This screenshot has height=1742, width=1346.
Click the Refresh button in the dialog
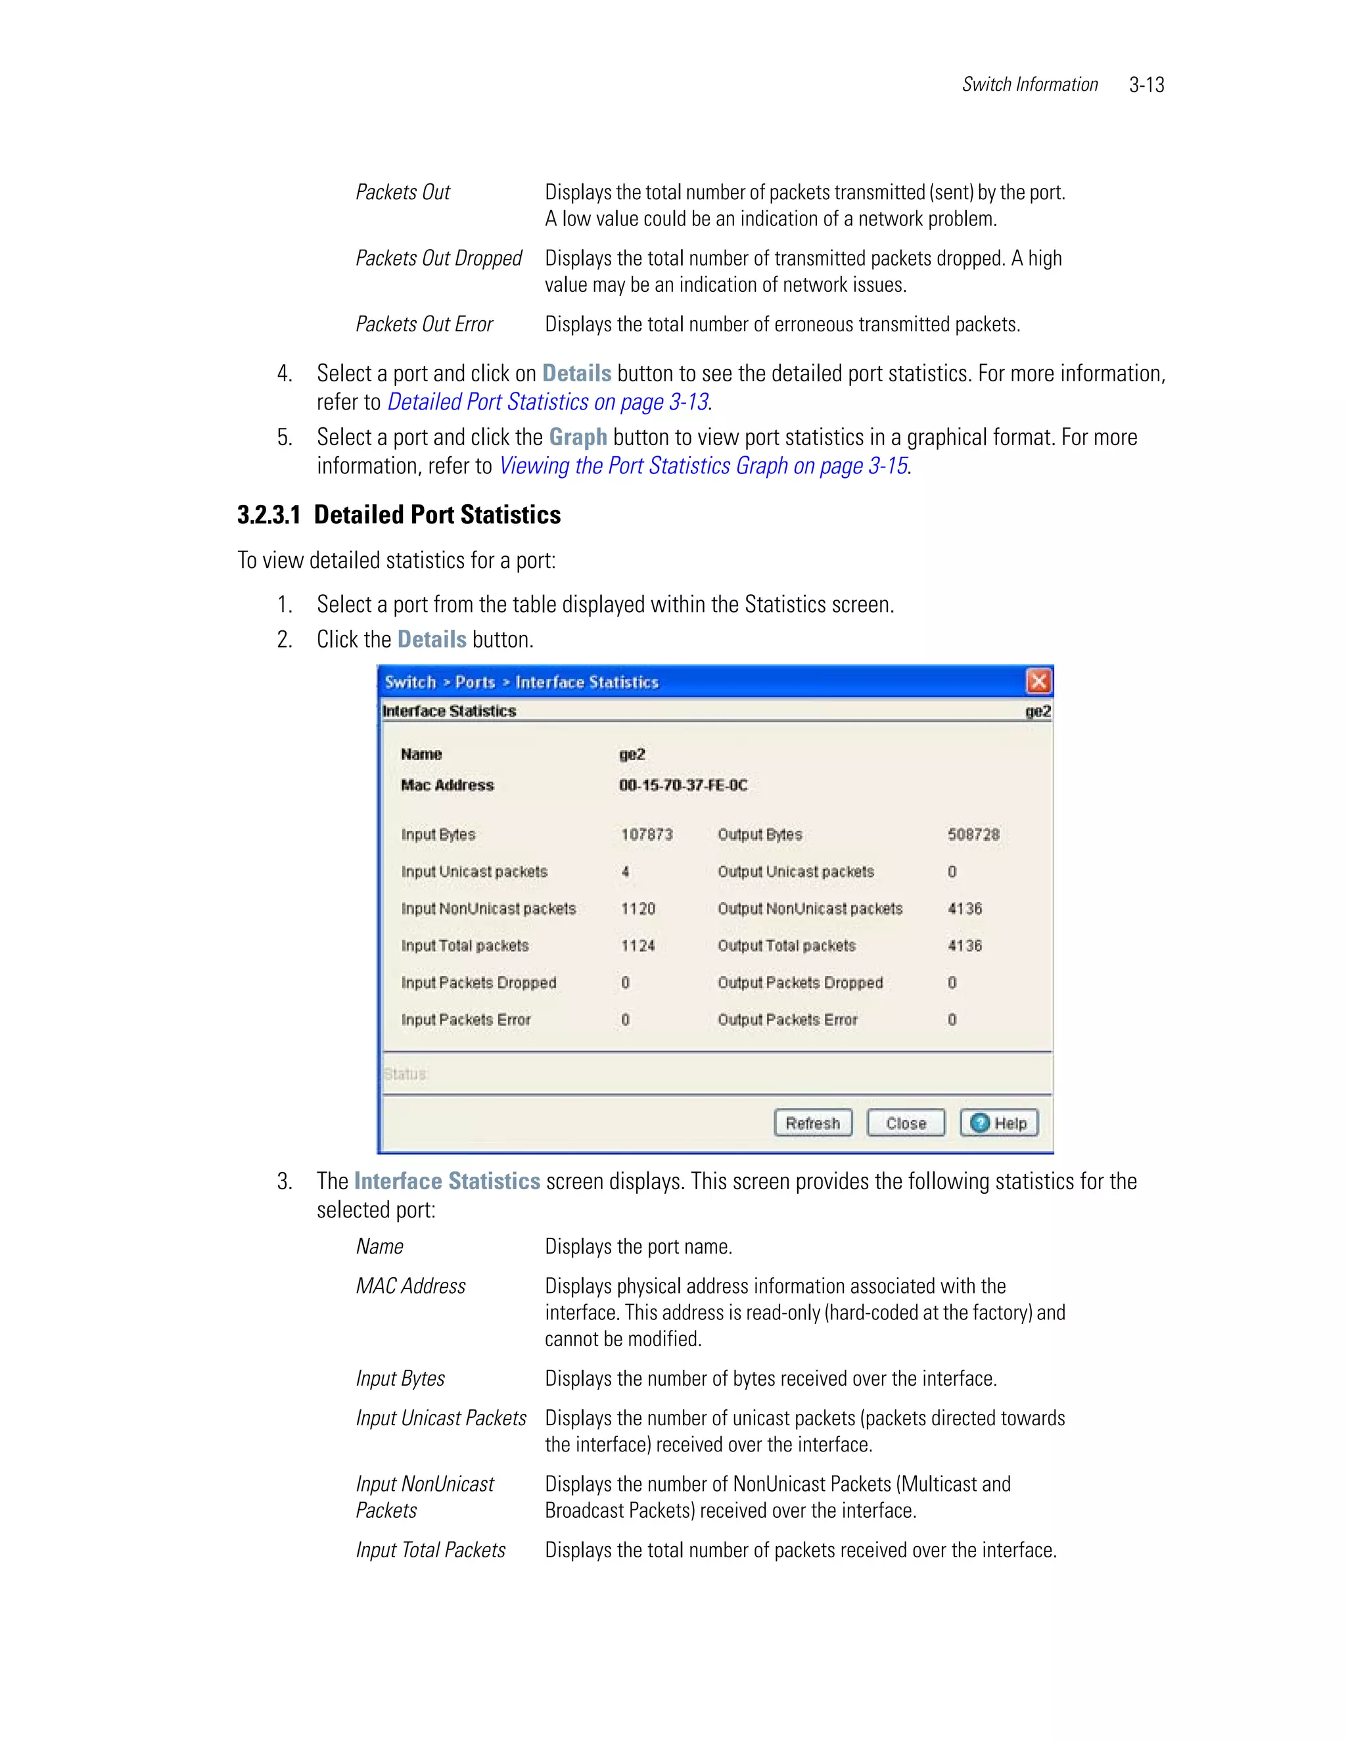click(x=812, y=1123)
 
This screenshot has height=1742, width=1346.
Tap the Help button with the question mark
click(x=999, y=1123)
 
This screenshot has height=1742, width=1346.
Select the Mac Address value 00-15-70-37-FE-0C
click(x=684, y=785)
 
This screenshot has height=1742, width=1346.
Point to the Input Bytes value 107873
click(x=647, y=834)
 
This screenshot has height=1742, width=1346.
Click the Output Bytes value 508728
click(x=973, y=834)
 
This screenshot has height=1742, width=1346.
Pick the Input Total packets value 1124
click(x=638, y=945)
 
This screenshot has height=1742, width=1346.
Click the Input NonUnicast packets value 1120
click(x=638, y=908)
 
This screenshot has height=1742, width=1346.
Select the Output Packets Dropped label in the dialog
click(x=800, y=983)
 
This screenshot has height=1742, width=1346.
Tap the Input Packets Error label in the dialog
click(x=466, y=1020)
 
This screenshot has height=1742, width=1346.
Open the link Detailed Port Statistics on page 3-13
click(x=548, y=402)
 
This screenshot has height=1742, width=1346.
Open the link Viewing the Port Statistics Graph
click(x=703, y=466)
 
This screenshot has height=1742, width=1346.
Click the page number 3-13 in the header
click(x=1147, y=85)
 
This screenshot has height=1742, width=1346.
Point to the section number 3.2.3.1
click(x=269, y=515)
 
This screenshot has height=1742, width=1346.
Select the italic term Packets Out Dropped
click(x=438, y=258)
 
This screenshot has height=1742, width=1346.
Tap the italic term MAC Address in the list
click(x=411, y=1286)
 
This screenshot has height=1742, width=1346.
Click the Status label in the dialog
click(x=405, y=1074)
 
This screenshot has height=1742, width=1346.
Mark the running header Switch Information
click(x=1029, y=85)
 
